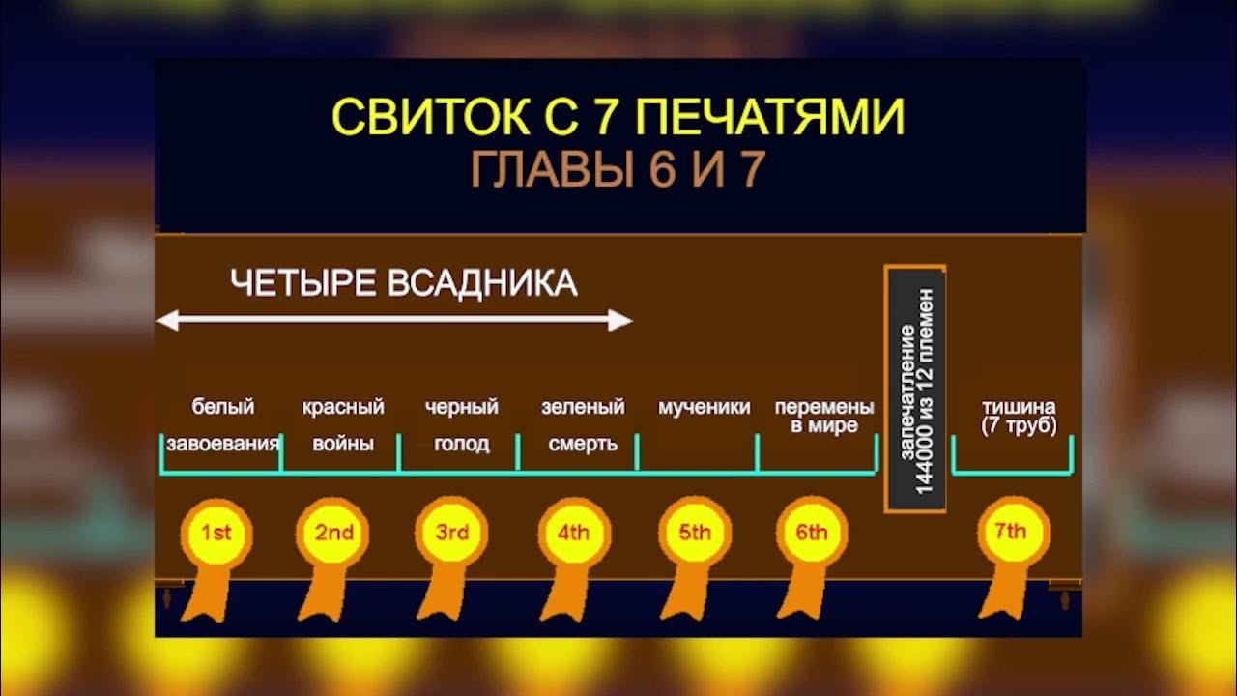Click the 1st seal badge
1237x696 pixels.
[216, 533]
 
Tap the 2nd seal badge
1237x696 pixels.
[334, 533]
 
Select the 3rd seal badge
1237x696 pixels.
[452, 533]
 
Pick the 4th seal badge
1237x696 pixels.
[573, 533]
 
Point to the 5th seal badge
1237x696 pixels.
[694, 533]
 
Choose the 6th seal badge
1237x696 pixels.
[812, 533]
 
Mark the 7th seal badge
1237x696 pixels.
[1013, 533]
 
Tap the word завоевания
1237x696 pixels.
[222, 445]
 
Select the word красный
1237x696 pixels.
[343, 407]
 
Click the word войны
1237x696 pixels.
[343, 445]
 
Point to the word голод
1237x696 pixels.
[461, 445]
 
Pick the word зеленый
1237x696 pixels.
[583, 407]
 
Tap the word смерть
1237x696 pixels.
[583, 445]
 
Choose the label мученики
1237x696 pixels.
[704, 407]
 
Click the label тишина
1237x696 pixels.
[1019, 407]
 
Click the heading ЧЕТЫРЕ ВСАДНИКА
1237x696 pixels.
[403, 284]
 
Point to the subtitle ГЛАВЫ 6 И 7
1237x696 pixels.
[618, 170]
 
